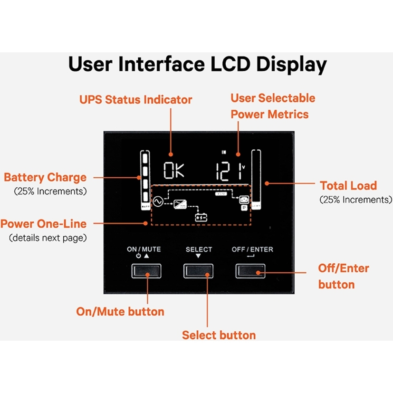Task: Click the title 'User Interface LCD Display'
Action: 197,64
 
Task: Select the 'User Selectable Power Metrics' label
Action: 272,106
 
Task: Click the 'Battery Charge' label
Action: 46,178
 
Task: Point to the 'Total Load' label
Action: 348,185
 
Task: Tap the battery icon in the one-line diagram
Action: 201,218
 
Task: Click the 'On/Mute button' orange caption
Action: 120,311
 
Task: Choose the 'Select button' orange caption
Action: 219,335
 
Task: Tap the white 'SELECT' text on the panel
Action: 199,249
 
